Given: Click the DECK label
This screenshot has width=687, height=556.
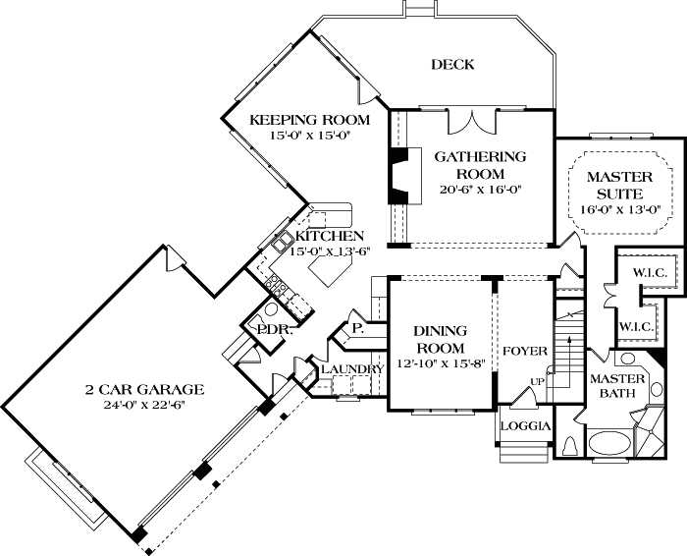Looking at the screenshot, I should point(452,65).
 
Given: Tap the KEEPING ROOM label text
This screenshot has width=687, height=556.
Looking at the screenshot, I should point(299,120).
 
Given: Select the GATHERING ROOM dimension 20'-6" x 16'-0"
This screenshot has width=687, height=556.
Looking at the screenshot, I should point(481,190).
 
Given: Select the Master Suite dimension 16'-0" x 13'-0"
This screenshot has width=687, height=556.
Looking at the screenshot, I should point(619,209).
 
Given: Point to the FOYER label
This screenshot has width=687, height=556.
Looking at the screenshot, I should point(523,351).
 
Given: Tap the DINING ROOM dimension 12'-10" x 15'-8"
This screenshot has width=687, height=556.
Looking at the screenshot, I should point(440,364).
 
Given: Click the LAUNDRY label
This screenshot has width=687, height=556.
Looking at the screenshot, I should point(350,368).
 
